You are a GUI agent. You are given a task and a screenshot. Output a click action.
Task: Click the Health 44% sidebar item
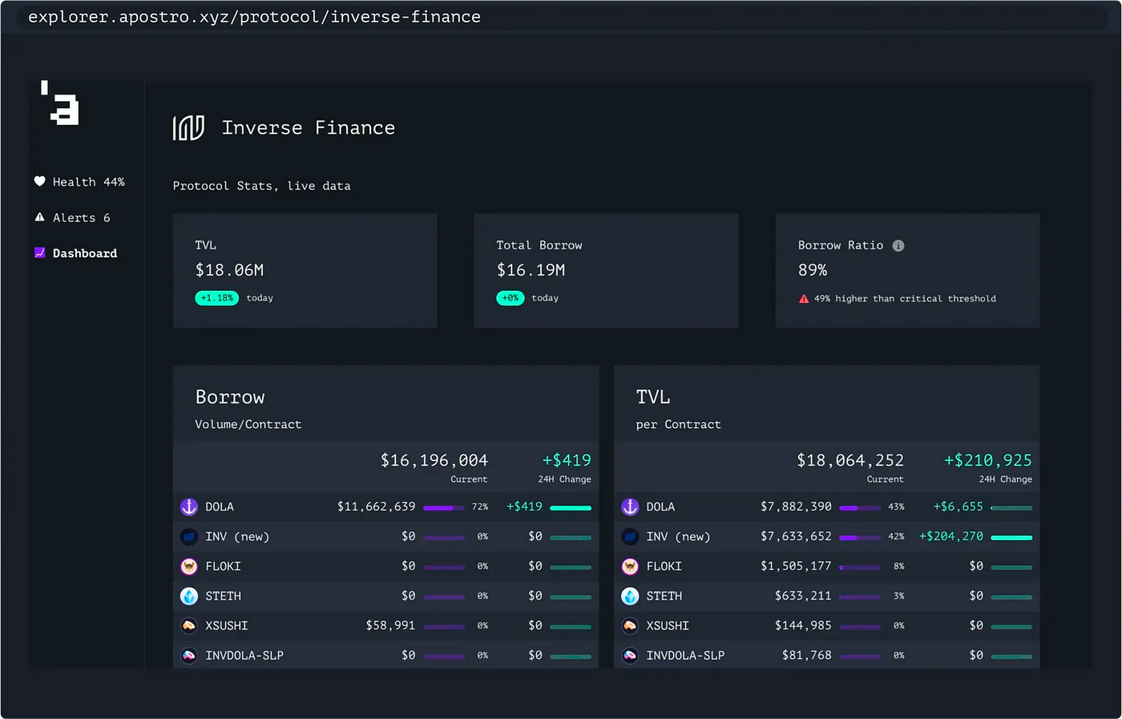(79, 182)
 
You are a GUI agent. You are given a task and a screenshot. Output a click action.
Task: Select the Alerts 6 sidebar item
(73, 218)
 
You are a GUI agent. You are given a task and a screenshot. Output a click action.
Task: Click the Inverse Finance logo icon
(188, 128)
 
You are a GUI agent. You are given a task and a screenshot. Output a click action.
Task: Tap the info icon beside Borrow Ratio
(898, 246)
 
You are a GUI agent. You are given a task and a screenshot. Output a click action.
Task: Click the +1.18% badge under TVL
(216, 298)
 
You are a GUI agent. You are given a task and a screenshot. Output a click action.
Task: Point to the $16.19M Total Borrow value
(531, 270)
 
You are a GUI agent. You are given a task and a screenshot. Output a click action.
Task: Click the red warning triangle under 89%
(804, 299)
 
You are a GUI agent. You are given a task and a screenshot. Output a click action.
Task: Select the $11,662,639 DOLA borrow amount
(376, 507)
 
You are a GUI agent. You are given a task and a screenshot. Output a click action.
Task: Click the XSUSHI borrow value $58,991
(390, 625)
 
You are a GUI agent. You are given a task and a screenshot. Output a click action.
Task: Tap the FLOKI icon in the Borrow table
(189, 567)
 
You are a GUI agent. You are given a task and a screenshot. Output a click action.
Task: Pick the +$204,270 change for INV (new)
(950, 536)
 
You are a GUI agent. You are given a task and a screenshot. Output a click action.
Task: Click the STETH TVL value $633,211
(802, 596)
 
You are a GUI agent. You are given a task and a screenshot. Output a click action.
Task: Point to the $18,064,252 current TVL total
(850, 460)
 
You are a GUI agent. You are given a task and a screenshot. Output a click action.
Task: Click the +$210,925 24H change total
(987, 460)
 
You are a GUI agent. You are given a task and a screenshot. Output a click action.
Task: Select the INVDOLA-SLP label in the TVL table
(685, 656)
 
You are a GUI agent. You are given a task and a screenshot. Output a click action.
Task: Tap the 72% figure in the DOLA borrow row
(480, 507)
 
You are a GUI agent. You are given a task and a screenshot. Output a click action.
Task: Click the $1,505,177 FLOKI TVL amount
(795, 566)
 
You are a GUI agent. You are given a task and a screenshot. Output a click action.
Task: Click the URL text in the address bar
(254, 17)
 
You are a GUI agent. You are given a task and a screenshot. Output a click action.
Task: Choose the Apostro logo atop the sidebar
(61, 103)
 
